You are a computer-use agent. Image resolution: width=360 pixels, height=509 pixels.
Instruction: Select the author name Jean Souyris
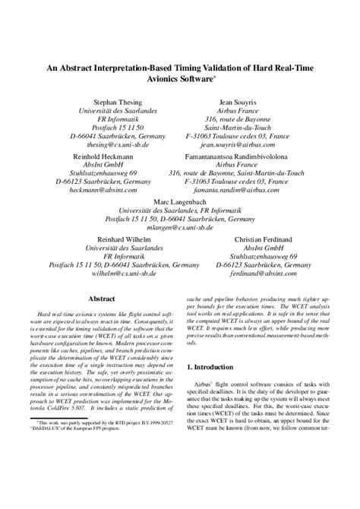pyautogui.click(x=239, y=100)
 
